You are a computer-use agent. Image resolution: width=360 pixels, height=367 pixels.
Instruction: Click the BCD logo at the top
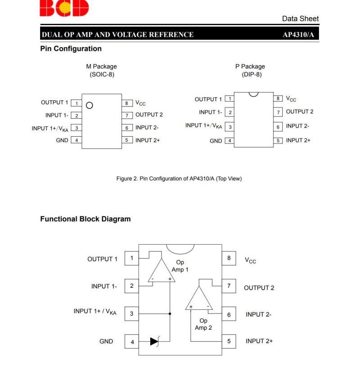(64, 8)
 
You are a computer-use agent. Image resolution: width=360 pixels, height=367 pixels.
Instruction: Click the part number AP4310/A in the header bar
(298, 35)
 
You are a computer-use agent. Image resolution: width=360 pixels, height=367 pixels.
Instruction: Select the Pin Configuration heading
(71, 49)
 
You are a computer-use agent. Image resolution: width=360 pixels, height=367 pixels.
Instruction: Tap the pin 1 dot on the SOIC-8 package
(89, 105)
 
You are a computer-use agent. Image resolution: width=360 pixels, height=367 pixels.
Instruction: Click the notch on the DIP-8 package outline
(254, 94)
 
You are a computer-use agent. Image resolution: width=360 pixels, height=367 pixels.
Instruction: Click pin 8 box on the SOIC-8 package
(127, 103)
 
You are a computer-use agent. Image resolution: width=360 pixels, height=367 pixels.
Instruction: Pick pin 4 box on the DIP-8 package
(229, 141)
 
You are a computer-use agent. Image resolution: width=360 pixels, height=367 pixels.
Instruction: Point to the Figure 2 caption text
(179, 179)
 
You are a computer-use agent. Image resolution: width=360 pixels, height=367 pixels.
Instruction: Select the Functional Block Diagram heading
(85, 219)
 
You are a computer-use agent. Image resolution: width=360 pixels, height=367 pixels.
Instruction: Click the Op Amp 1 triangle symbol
(161, 273)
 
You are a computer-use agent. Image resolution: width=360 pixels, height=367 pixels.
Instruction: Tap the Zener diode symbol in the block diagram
(155, 341)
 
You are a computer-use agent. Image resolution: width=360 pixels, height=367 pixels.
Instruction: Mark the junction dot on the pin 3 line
(170, 313)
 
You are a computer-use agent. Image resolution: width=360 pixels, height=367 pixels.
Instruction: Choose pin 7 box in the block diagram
(229, 286)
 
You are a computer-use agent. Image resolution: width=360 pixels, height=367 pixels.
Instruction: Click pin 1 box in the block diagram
(131, 258)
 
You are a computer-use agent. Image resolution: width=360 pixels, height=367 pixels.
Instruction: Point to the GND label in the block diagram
(106, 341)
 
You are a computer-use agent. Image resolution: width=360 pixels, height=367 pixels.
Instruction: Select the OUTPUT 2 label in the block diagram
(259, 288)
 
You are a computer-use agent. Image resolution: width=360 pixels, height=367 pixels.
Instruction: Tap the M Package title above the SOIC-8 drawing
(101, 67)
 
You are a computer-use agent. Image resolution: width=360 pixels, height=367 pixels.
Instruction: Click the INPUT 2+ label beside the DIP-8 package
(298, 140)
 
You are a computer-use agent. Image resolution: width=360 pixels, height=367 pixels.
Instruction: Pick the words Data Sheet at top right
(300, 18)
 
